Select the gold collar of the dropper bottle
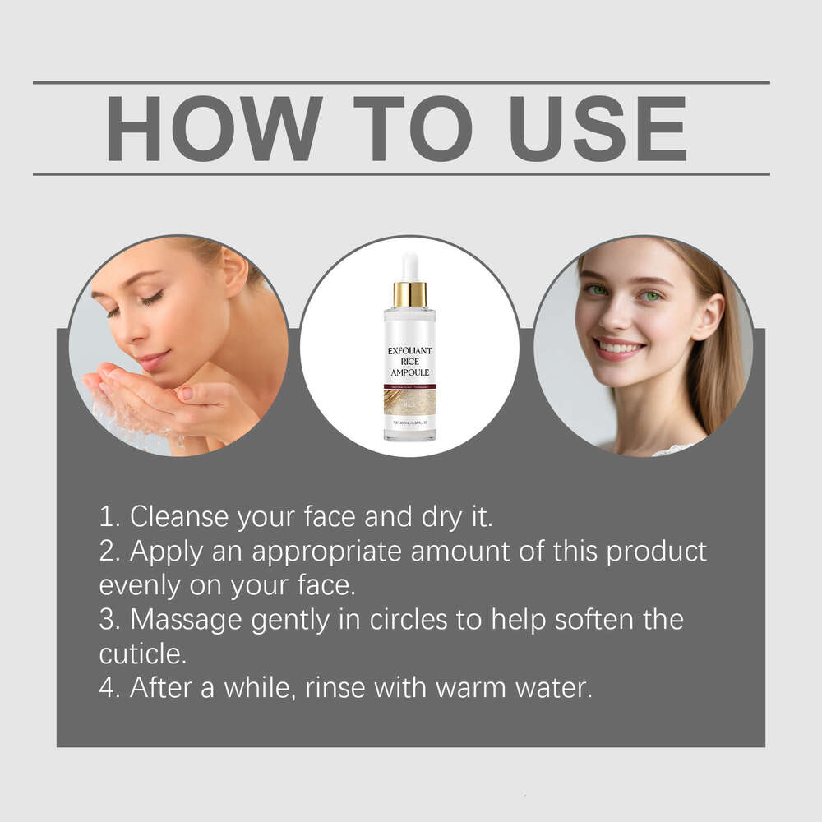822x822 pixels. pos(409,293)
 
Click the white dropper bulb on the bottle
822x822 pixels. pos(409,267)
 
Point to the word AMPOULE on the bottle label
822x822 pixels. pos(409,373)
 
